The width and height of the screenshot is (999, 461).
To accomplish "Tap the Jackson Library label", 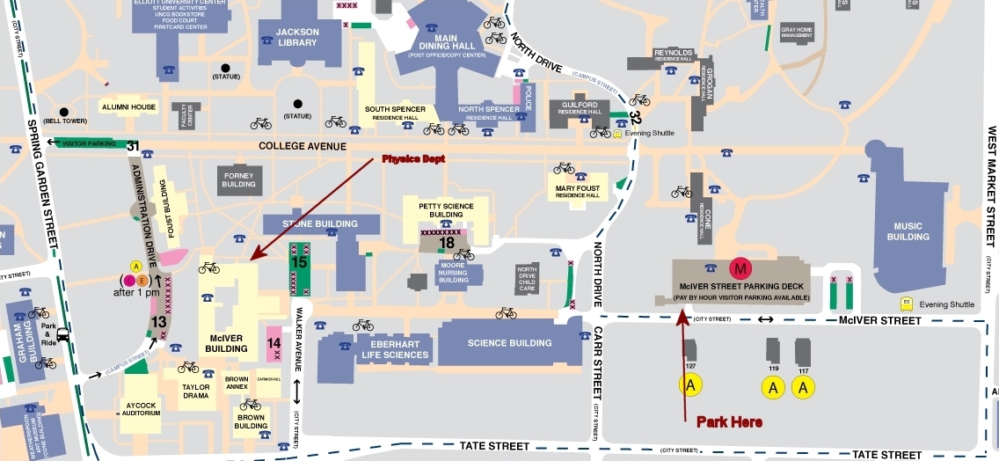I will (297, 36).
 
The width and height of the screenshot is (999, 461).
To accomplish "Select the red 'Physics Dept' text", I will (412, 159).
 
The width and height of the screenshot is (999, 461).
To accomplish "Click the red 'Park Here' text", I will (729, 422).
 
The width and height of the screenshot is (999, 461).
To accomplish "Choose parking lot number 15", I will (299, 261).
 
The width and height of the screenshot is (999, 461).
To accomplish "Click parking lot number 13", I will (158, 322).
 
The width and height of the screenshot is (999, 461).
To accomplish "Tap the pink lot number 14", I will (273, 342).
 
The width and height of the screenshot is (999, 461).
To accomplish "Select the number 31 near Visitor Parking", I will (133, 145).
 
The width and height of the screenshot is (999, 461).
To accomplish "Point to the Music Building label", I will (908, 231).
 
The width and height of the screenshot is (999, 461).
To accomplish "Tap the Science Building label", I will (510, 343).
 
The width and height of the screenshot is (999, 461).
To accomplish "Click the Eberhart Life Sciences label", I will (395, 349).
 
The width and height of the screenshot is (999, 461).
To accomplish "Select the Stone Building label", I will (320, 223).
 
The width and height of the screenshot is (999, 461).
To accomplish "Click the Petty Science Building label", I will (451, 210).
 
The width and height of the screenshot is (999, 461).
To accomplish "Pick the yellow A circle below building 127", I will (691, 384).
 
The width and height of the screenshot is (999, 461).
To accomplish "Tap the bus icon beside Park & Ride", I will (63, 335).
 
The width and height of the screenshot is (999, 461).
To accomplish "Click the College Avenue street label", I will (303, 146).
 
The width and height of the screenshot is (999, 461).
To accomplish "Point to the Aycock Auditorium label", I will (141, 408).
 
